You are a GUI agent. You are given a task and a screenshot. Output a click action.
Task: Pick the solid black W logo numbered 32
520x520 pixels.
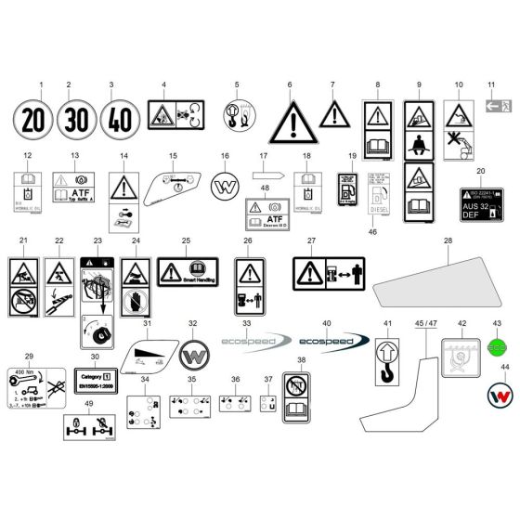coord(194,355)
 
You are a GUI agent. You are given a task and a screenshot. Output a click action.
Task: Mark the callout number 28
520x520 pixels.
coord(447,240)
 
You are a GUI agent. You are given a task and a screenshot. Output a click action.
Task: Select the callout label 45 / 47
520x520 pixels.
coord(425,323)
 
